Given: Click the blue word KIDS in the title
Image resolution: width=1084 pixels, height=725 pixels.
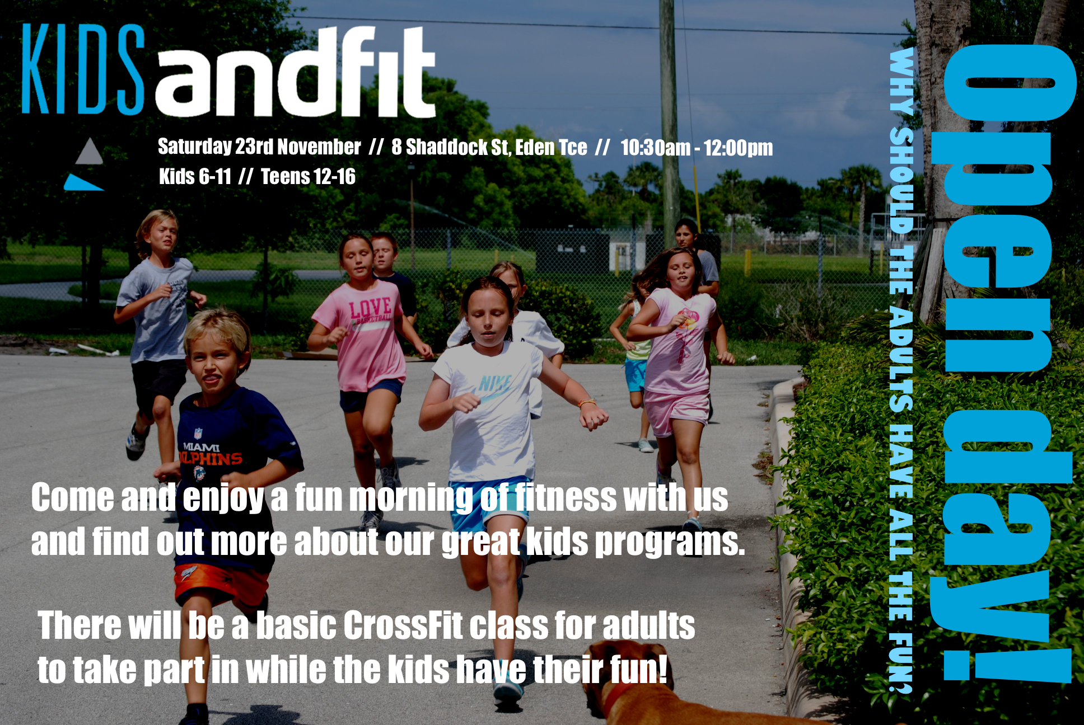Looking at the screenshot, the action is tap(83, 69).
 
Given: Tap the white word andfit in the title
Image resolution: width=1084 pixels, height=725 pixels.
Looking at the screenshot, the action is tap(295, 72).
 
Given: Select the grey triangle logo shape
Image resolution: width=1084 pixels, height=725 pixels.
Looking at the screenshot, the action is tap(89, 151).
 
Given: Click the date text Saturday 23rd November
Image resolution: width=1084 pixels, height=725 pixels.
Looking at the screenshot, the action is tap(259, 147).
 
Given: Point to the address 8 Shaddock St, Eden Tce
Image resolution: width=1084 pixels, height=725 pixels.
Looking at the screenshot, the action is tap(489, 147).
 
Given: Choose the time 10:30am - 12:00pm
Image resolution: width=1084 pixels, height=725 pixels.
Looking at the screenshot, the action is tap(697, 148).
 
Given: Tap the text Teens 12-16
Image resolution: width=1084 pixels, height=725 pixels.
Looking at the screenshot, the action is tap(308, 177).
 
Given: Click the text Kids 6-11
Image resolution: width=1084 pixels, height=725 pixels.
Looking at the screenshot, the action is tap(195, 177).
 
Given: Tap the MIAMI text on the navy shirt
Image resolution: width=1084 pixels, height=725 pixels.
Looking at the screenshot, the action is tap(201, 447).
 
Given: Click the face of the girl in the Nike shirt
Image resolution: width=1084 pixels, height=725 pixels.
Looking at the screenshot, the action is tap(488, 316).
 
